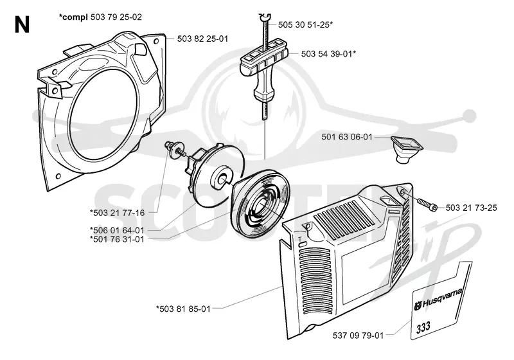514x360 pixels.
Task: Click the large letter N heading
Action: (22, 25)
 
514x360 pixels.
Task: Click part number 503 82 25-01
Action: (202, 39)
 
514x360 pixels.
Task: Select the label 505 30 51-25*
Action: (306, 24)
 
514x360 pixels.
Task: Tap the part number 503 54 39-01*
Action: (328, 54)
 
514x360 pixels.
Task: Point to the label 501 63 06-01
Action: (347, 137)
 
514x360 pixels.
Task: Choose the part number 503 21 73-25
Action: (472, 208)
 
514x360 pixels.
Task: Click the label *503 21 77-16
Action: (117, 213)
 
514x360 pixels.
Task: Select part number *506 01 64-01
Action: (117, 230)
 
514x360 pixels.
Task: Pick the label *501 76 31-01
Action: (117, 239)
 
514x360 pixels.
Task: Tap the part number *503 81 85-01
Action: (183, 309)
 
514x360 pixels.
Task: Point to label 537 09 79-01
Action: (358, 336)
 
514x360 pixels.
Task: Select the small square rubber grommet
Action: (407, 150)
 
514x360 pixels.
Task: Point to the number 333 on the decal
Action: (423, 327)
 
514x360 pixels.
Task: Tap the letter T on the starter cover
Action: (299, 239)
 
